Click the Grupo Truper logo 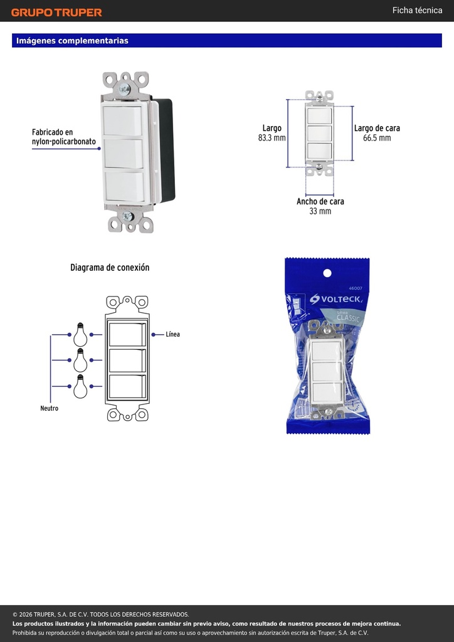(x=56, y=13)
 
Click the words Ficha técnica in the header (x=417, y=10)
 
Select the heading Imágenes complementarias (x=73, y=41)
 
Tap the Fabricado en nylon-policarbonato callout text (x=64, y=137)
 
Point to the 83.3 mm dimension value (x=272, y=138)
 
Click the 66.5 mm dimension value (x=377, y=138)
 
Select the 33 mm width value (x=320, y=211)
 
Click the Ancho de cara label (x=320, y=201)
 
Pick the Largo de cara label (x=377, y=128)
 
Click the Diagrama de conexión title (x=110, y=268)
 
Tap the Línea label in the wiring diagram (x=172, y=335)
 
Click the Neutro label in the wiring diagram (x=49, y=408)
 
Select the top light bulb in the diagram (x=80, y=335)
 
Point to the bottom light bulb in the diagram (x=80, y=386)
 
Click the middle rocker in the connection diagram (x=127, y=360)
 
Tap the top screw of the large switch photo (x=124, y=89)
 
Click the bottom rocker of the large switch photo (x=125, y=186)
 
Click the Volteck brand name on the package (x=335, y=299)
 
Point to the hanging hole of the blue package (x=327, y=273)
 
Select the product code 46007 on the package (x=356, y=288)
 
